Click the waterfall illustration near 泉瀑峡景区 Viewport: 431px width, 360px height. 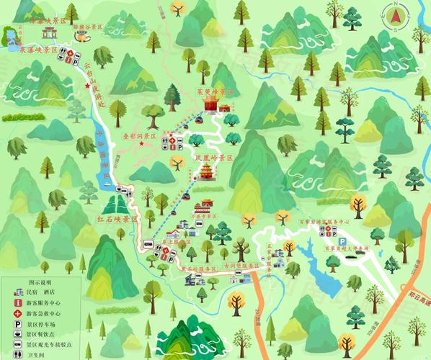point(12,41)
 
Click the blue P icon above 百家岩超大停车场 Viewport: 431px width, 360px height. point(343,241)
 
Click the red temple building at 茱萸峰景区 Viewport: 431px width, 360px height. point(210,106)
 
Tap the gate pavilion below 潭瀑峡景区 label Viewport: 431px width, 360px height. point(50,33)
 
